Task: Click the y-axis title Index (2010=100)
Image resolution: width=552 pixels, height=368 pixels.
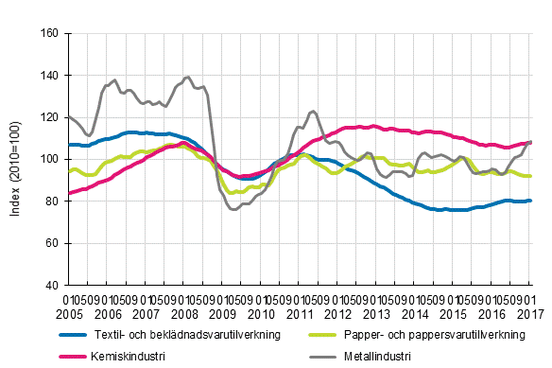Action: pos(16,159)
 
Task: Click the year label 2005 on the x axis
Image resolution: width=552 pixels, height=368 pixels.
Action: pos(69,312)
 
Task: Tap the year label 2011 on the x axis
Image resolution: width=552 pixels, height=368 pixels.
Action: pos(301,312)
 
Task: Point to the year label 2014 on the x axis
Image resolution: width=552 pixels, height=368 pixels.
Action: pos(417,312)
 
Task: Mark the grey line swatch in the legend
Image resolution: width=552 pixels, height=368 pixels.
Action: pos(322,356)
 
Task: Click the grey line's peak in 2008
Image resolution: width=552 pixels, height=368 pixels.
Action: pos(188,77)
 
